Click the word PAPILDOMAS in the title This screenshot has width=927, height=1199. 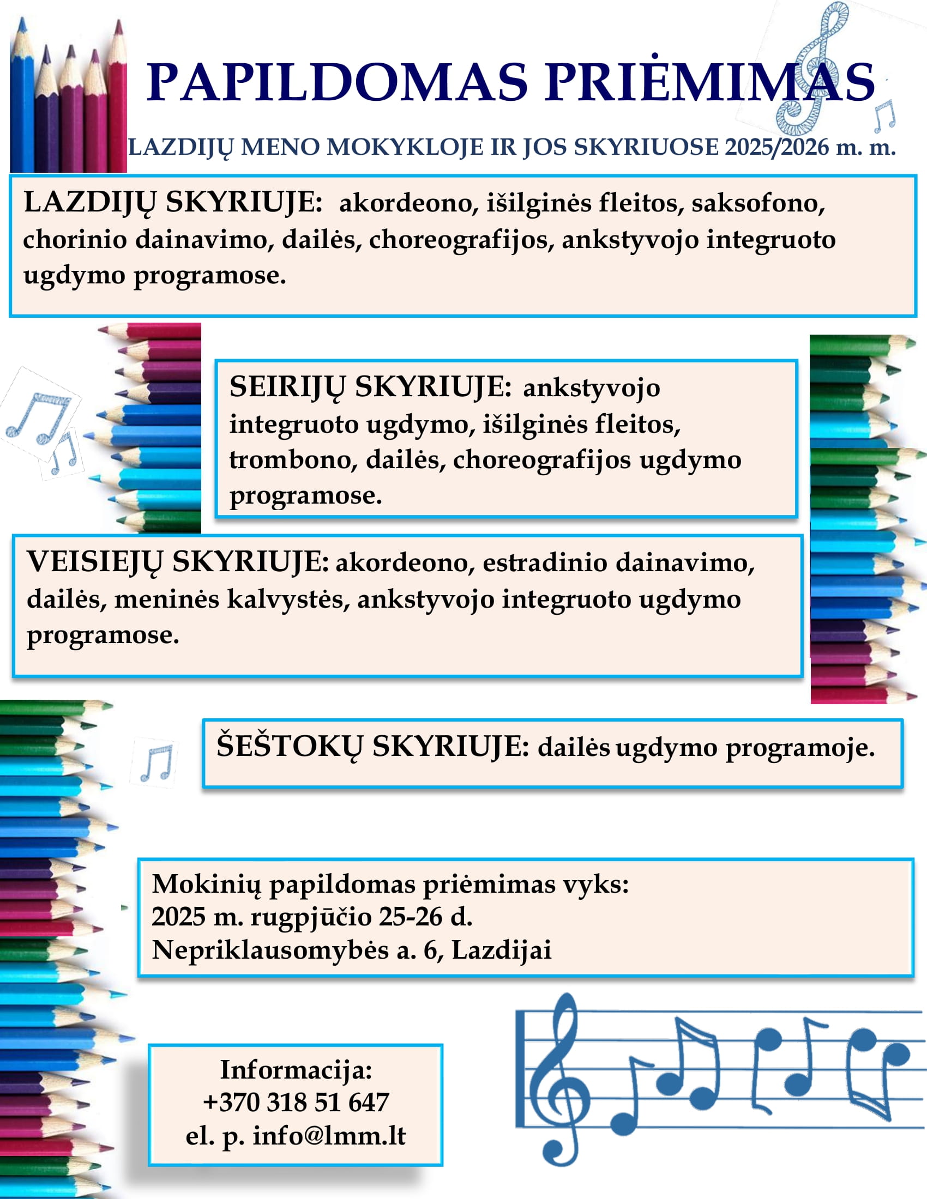point(336,82)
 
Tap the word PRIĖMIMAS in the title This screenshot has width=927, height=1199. point(709,82)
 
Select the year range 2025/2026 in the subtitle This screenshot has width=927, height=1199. point(776,147)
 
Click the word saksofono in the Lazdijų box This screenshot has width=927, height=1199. point(758,203)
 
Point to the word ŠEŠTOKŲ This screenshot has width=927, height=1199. point(290,747)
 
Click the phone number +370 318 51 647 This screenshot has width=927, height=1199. point(296,1102)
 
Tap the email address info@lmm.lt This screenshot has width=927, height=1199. point(329,1135)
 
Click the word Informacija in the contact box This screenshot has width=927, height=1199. point(296,1069)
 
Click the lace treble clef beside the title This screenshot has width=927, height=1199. point(811,69)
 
